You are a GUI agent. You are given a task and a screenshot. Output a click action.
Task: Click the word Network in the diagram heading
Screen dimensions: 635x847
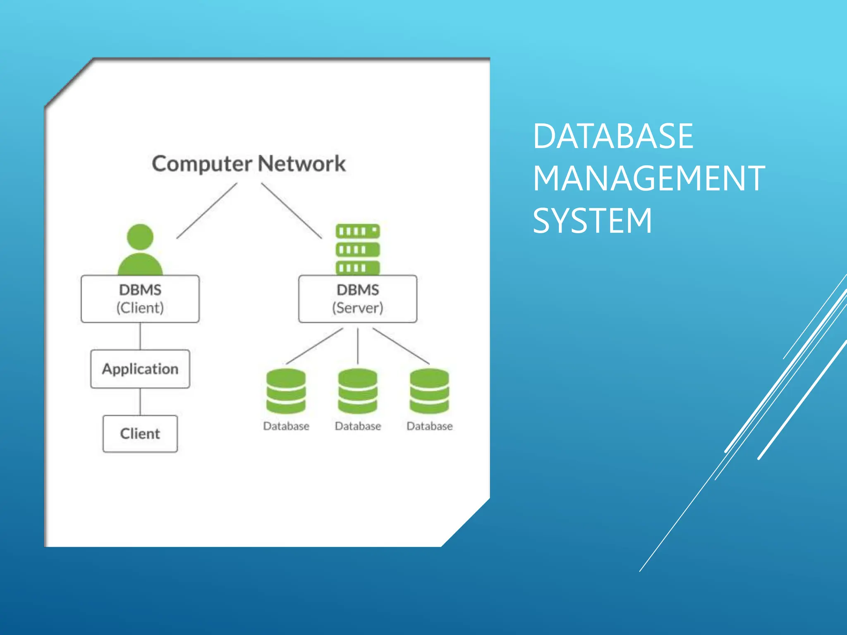click(x=302, y=164)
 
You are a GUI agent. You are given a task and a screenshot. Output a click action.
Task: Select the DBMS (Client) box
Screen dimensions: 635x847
click(x=140, y=299)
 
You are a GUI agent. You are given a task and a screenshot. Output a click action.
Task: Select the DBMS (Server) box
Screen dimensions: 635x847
click(x=358, y=299)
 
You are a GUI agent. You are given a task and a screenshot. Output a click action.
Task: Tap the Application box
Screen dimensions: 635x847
click(x=140, y=369)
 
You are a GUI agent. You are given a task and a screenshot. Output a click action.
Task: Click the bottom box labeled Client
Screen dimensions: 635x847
click(x=140, y=434)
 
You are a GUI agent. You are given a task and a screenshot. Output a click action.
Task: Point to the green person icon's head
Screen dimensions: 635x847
click(x=140, y=237)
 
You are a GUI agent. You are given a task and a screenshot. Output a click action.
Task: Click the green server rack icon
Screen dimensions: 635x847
click(x=358, y=249)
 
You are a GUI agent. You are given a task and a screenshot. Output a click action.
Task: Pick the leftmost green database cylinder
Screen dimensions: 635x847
click(x=286, y=391)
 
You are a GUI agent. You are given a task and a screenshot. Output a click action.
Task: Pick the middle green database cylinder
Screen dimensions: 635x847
click(x=358, y=391)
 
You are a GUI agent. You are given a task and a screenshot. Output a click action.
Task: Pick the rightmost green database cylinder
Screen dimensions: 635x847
click(x=429, y=391)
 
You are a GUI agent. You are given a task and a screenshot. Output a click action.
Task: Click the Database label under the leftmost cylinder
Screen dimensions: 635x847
click(x=286, y=426)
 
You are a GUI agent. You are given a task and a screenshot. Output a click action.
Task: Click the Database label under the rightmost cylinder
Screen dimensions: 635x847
click(x=429, y=426)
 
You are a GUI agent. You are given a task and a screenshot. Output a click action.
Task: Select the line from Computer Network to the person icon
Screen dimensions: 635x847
click(x=207, y=211)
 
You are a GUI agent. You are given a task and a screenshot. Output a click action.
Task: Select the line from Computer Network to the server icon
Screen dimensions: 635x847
click(x=292, y=211)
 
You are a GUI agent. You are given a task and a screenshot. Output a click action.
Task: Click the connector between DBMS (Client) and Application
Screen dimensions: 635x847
click(x=140, y=336)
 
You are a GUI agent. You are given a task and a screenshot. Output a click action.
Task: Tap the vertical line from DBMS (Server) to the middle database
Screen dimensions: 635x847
click(x=358, y=346)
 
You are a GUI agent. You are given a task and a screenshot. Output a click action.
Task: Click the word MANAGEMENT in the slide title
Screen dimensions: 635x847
click(x=648, y=178)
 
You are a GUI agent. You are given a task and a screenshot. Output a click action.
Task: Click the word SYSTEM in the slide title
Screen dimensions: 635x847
click(x=592, y=221)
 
